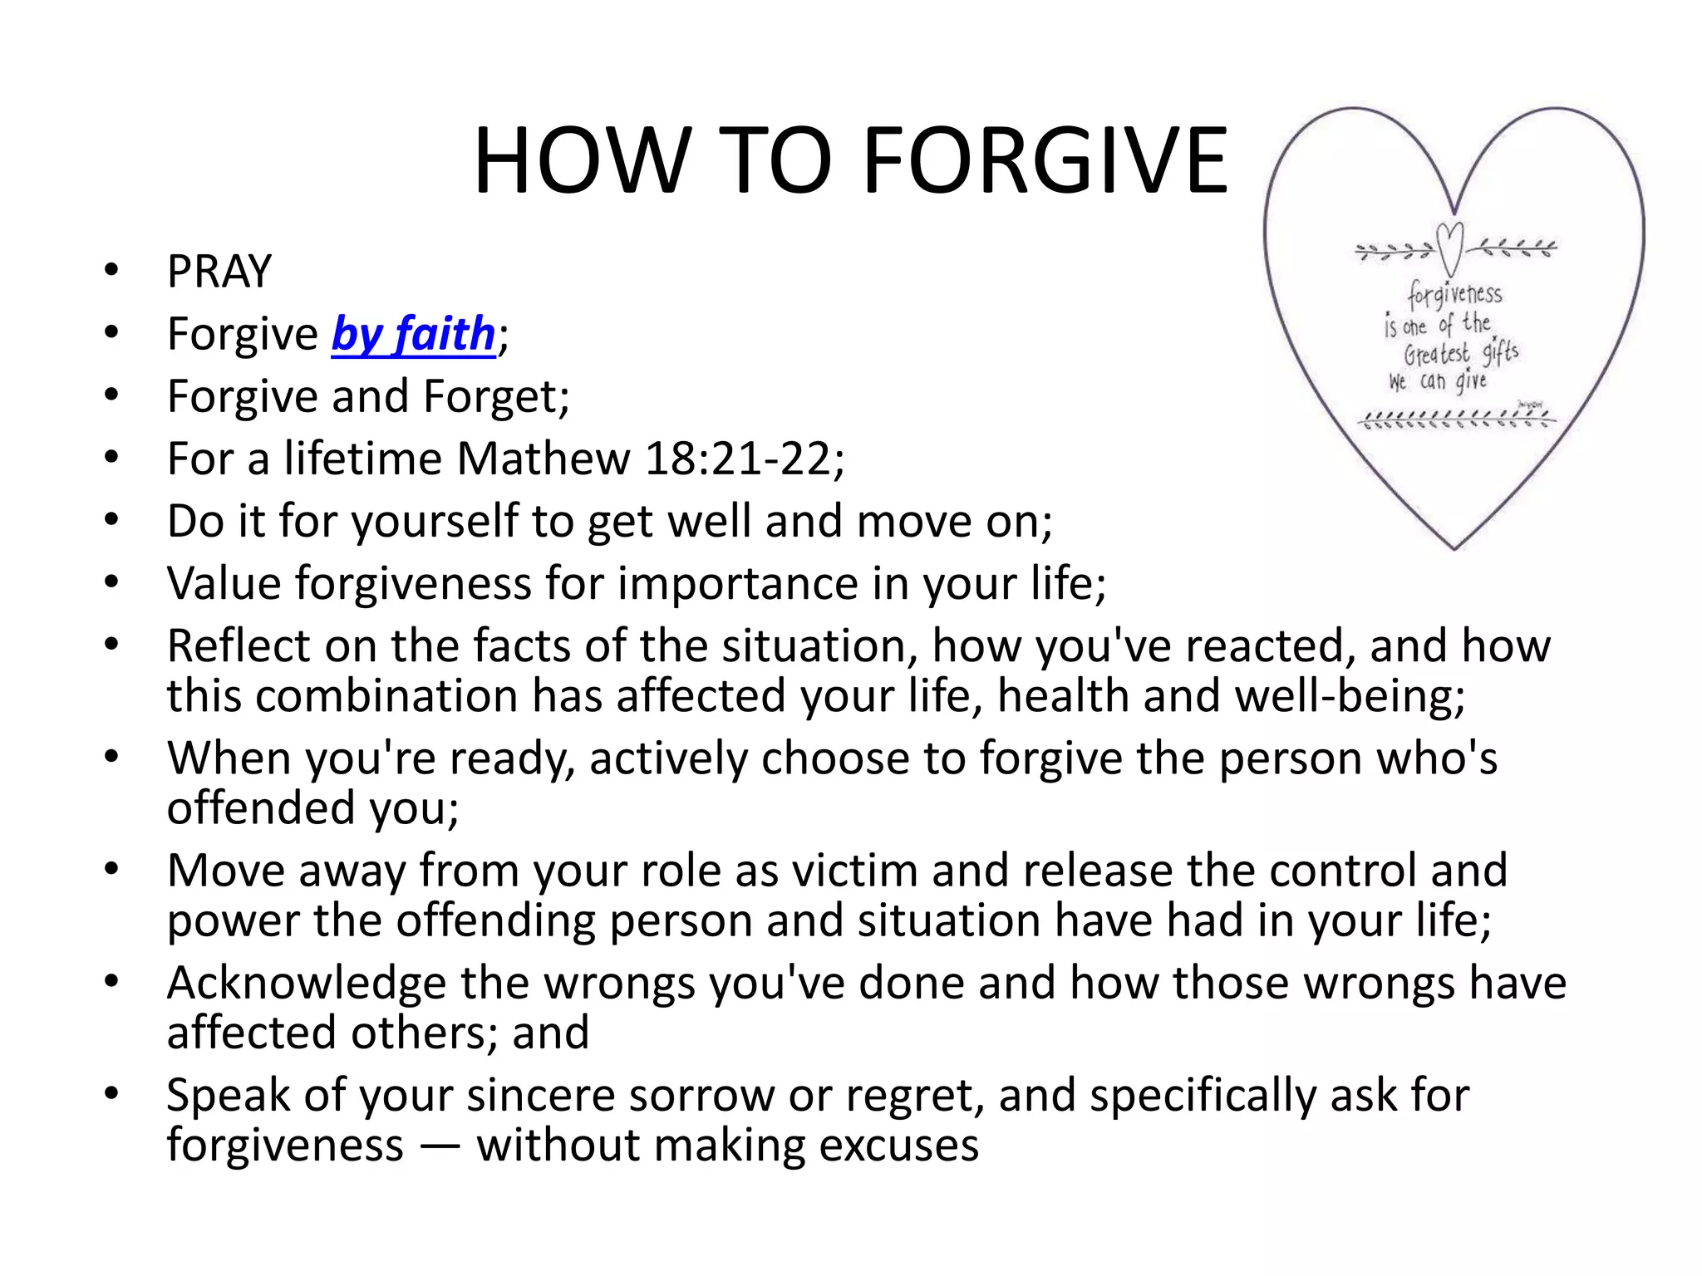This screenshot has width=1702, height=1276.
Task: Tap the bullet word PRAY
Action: pyautogui.click(x=219, y=272)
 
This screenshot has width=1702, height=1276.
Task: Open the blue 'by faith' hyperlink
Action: pyautogui.click(x=414, y=334)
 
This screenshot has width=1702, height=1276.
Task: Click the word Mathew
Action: pyautogui.click(x=544, y=459)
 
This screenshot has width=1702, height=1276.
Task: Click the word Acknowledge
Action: pyautogui.click(x=307, y=983)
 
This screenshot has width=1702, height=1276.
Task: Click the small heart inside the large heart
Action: pyautogui.click(x=1450, y=248)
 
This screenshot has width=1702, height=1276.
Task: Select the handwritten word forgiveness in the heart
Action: pyautogui.click(x=1454, y=294)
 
